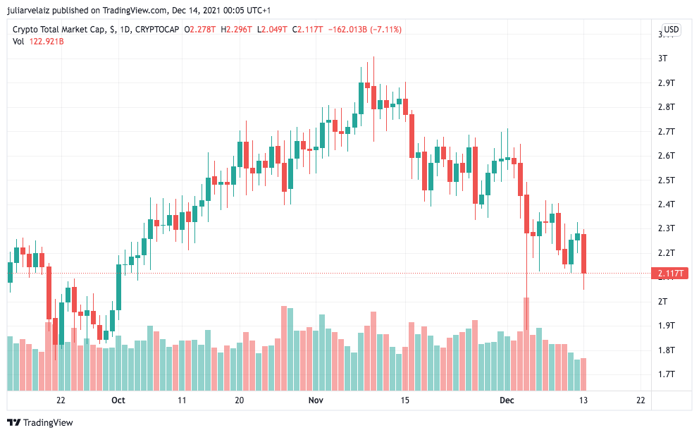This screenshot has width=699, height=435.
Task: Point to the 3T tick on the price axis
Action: click(662, 59)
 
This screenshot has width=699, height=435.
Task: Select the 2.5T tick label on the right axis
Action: click(666, 180)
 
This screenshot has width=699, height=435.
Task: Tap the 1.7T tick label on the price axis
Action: click(666, 374)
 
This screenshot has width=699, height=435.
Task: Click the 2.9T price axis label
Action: click(666, 83)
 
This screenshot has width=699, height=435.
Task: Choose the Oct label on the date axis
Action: click(118, 400)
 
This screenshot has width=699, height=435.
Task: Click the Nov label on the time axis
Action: click(316, 400)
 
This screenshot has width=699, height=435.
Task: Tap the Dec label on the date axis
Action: click(507, 400)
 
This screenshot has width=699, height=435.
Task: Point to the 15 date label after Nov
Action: click(404, 400)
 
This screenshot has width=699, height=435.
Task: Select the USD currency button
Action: click(671, 30)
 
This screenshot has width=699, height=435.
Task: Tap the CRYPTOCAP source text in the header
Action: click(156, 30)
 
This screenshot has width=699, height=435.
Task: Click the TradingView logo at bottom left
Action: click(40, 422)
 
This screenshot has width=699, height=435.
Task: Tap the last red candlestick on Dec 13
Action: click(584, 253)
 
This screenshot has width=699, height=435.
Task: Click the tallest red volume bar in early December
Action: click(526, 344)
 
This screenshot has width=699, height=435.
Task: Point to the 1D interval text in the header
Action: click(125, 30)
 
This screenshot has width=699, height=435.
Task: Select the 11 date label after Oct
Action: click(182, 400)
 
